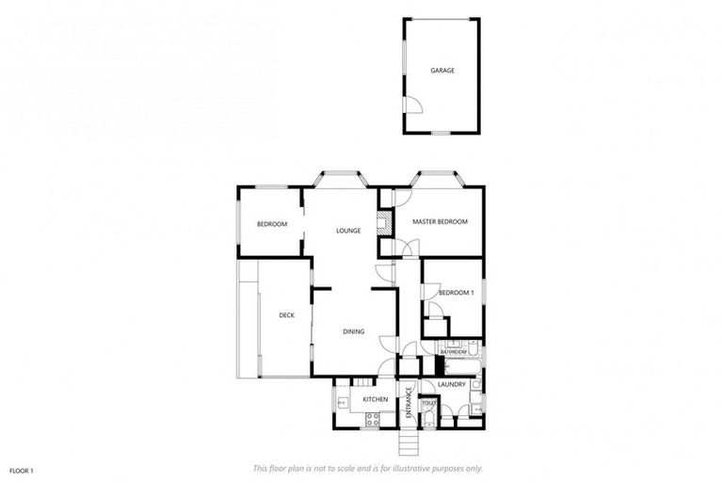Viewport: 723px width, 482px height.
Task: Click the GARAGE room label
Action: (442, 71)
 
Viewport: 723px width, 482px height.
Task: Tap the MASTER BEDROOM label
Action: (440, 221)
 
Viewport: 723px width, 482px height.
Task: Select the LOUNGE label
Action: (348, 231)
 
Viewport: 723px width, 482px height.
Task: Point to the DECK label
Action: (286, 315)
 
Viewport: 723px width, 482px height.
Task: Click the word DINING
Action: (353, 331)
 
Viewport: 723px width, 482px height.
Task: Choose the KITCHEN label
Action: (375, 400)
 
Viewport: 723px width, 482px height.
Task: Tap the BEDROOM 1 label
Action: (456, 293)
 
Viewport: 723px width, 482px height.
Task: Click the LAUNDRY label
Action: (452, 384)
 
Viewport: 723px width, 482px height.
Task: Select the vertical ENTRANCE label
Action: (409, 402)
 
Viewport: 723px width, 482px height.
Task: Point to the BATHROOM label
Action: (466, 351)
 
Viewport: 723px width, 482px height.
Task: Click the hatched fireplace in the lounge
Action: (383, 224)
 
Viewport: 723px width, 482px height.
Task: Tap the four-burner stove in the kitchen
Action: (372, 420)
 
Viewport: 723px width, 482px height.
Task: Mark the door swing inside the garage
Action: (412, 104)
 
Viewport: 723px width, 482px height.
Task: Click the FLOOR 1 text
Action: (23, 469)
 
